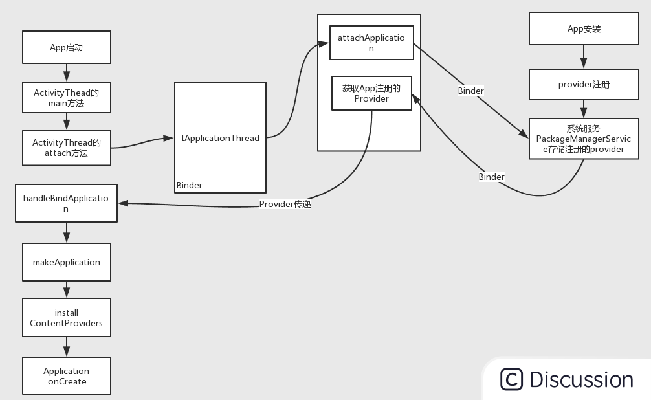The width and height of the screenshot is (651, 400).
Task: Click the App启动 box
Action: pyautogui.click(x=66, y=47)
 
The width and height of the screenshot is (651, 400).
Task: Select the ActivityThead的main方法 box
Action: pyautogui.click(x=66, y=98)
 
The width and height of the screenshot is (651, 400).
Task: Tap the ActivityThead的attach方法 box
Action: pyautogui.click(x=66, y=148)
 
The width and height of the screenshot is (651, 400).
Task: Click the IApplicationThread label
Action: pyautogui.click(x=220, y=138)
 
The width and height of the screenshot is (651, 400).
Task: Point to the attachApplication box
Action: pyautogui.click(x=371, y=43)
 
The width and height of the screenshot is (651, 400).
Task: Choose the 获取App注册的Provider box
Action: pyautogui.click(x=371, y=93)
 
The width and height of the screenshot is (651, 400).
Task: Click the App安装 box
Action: pyautogui.click(x=584, y=29)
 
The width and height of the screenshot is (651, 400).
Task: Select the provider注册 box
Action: pyautogui.click(x=584, y=84)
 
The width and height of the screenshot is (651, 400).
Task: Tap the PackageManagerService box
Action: pyautogui.click(x=584, y=139)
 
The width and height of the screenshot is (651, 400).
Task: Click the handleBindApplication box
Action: pyautogui.click(x=66, y=203)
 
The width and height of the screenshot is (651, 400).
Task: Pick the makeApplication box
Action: pyautogui.click(x=66, y=262)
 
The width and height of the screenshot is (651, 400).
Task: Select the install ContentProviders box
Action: pyautogui.click(x=66, y=317)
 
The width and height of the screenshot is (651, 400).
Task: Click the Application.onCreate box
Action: pyautogui.click(x=66, y=376)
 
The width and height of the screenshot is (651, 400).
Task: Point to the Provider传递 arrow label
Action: pyautogui.click(x=285, y=204)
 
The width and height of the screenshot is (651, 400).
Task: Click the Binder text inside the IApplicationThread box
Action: pyautogui.click(x=190, y=185)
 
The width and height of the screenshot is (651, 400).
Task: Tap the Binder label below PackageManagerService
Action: pyautogui.click(x=492, y=177)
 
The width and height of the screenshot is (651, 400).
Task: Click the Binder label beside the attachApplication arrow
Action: pyautogui.click(x=471, y=91)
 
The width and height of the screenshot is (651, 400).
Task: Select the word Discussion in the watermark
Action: pyautogui.click(x=581, y=379)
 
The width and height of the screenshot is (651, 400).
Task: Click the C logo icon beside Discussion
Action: pyautogui.click(x=511, y=379)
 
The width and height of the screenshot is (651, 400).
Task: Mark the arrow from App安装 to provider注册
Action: pyautogui.click(x=584, y=57)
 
